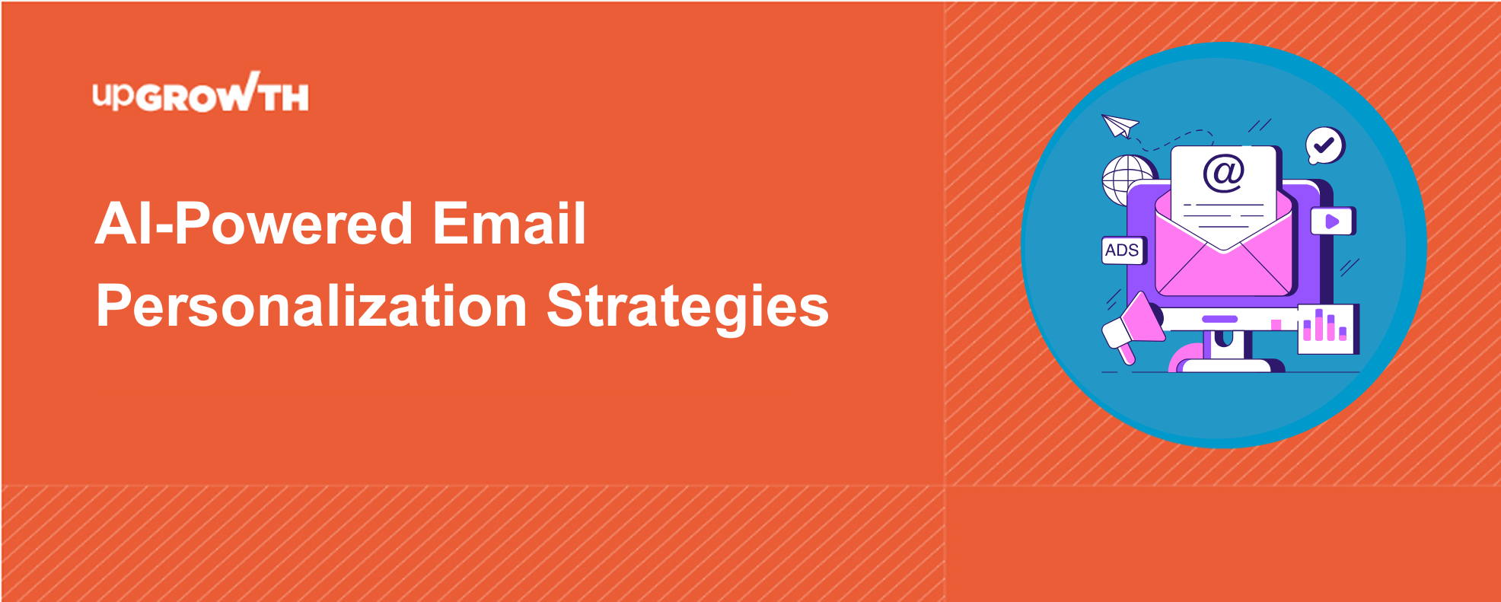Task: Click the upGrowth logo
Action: [x=201, y=92]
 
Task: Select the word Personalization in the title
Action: [x=311, y=307]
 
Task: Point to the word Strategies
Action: [x=687, y=307]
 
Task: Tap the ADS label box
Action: [x=1123, y=250]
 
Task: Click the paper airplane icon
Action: [x=1120, y=126]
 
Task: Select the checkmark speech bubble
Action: [x=1325, y=145]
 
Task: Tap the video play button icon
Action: [x=1332, y=221]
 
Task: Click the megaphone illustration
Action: [x=1132, y=327]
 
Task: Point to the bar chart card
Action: [x=1328, y=329]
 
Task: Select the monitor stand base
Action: [x=1227, y=365]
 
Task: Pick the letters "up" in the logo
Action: [x=113, y=96]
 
